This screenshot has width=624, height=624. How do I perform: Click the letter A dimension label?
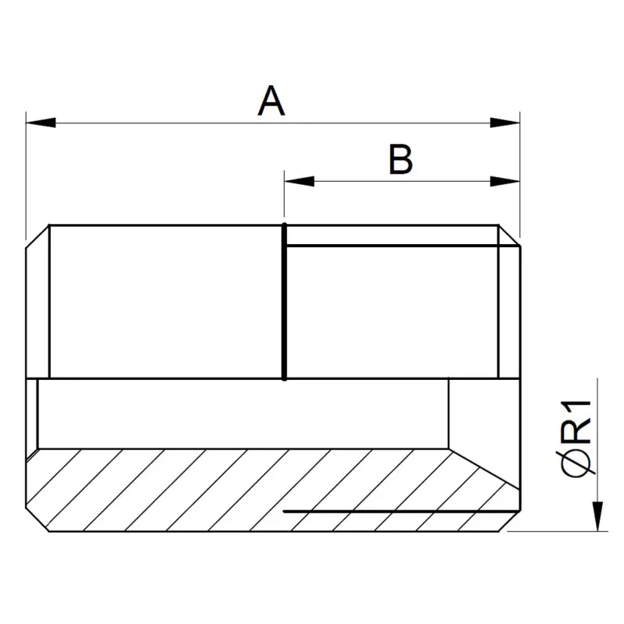(271, 101)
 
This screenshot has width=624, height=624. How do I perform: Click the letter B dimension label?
(400, 160)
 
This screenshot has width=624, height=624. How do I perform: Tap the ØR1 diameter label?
(576, 438)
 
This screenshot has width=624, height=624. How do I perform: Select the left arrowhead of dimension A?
(41, 122)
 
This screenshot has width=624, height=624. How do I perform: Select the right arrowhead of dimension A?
(505, 122)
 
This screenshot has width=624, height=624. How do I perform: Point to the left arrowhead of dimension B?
(300, 181)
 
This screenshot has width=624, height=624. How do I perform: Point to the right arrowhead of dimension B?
(505, 181)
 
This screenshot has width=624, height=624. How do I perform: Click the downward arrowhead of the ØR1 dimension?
(597, 516)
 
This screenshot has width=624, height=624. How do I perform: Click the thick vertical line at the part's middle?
(284, 302)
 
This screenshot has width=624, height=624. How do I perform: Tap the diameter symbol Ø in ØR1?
(576, 462)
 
